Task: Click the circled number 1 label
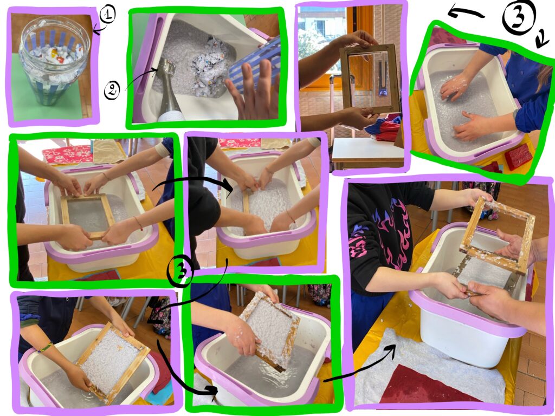(107, 15)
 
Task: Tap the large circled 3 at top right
(519, 17)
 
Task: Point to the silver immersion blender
(169, 91)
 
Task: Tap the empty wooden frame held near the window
(370, 79)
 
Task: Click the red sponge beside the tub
(518, 157)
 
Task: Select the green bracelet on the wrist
(46, 347)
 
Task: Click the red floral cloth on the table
(68, 154)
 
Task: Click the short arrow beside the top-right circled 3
(542, 38)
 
